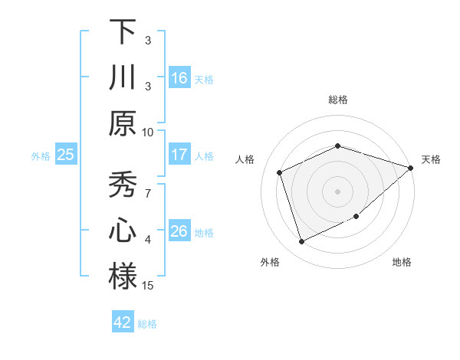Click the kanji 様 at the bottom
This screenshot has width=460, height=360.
click(x=123, y=277)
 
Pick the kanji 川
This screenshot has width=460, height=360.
click(x=123, y=77)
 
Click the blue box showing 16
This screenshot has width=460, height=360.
click(x=179, y=77)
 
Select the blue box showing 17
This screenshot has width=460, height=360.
click(x=179, y=155)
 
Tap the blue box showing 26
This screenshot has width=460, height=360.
click(x=179, y=231)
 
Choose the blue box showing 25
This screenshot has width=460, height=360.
click(x=65, y=155)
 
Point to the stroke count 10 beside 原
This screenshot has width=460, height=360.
click(x=148, y=131)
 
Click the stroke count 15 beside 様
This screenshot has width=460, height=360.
click(x=148, y=286)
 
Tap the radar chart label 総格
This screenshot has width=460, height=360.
click(x=338, y=100)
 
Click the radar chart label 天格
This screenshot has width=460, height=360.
click(x=431, y=159)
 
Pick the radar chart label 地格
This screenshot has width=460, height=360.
click(x=402, y=262)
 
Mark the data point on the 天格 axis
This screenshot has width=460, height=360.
click(x=410, y=168)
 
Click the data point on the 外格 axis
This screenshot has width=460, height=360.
click(x=301, y=242)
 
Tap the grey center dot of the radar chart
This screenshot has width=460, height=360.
click(x=338, y=191)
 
